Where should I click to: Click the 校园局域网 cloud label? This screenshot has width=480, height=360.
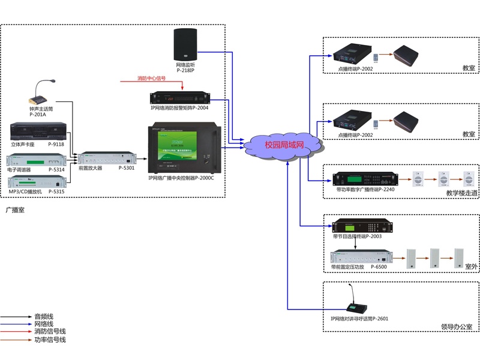[284, 145]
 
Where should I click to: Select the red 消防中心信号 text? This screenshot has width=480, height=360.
[151, 79]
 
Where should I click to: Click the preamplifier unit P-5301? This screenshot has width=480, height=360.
[106, 158]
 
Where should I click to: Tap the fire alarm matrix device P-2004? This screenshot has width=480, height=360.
[180, 97]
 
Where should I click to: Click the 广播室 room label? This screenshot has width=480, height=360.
[14, 210]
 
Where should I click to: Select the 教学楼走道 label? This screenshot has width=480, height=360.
[461, 193]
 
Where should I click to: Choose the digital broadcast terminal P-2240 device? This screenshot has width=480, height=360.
[365, 179]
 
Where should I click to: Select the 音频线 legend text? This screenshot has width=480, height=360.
[44, 316]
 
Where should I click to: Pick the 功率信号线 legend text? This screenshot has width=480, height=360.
[50, 340]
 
